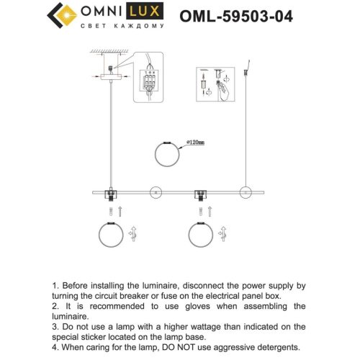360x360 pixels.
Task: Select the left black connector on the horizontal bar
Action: [x=112, y=193]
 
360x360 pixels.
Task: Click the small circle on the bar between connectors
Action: [x=154, y=192]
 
